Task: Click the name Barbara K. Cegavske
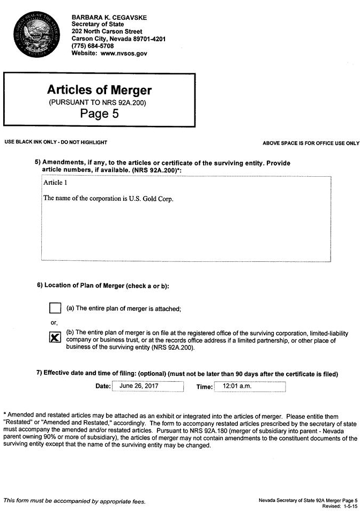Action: click(x=109, y=18)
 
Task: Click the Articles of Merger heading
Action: click(x=100, y=89)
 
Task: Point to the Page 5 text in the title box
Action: click(x=100, y=114)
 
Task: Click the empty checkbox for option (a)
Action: click(x=55, y=308)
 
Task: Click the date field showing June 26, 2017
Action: click(x=148, y=386)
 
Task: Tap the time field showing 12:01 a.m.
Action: click(x=250, y=386)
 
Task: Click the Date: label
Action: click(x=103, y=386)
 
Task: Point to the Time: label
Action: click(x=204, y=387)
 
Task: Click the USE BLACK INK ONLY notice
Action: click(x=56, y=142)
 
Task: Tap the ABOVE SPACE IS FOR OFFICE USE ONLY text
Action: click(x=311, y=144)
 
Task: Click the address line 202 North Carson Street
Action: click(x=107, y=32)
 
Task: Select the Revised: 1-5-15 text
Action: click(x=340, y=506)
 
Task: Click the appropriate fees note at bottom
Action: click(x=74, y=501)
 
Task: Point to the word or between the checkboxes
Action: click(x=54, y=322)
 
